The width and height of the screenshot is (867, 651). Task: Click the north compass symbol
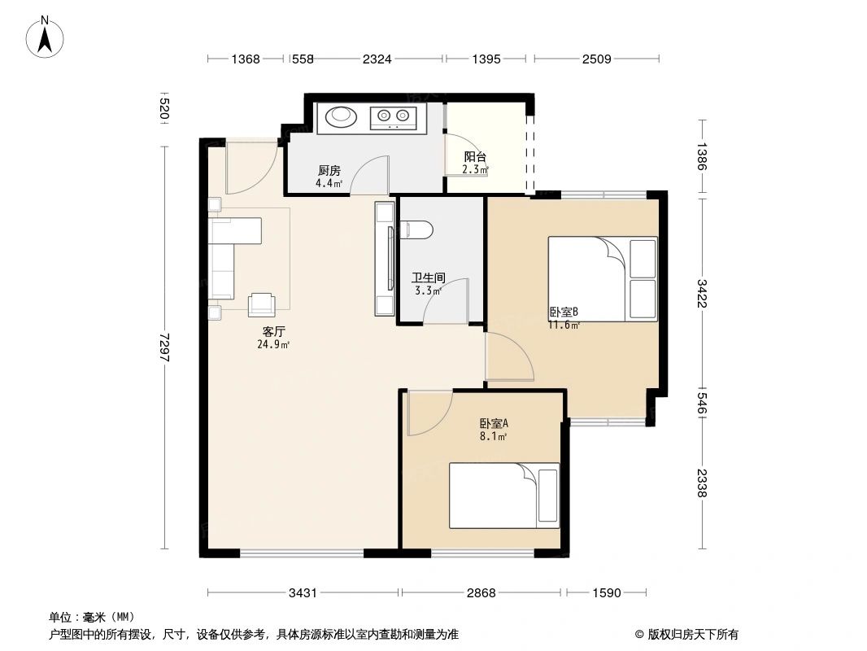(x=46, y=37)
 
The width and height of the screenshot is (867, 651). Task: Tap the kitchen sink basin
(x=341, y=117)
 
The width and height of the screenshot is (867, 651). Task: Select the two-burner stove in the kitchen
(x=393, y=118)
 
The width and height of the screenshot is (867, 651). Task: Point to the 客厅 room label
(x=273, y=332)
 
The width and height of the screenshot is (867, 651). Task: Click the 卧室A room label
(x=493, y=424)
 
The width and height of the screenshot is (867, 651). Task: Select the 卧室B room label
(x=564, y=312)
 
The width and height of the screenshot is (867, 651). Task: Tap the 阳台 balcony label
(x=475, y=157)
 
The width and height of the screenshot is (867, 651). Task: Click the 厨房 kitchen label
(x=329, y=171)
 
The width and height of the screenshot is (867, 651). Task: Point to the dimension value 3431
(x=303, y=593)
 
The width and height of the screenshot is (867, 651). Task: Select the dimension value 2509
(x=596, y=59)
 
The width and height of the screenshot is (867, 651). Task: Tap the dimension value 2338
(x=702, y=485)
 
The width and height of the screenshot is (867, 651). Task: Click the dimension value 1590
(x=606, y=593)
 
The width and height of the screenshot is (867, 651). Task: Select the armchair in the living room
(x=262, y=304)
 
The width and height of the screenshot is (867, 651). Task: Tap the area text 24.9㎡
(x=273, y=344)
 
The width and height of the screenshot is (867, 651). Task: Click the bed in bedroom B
(x=602, y=278)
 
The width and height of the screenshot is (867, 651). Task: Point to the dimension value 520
(x=165, y=110)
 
